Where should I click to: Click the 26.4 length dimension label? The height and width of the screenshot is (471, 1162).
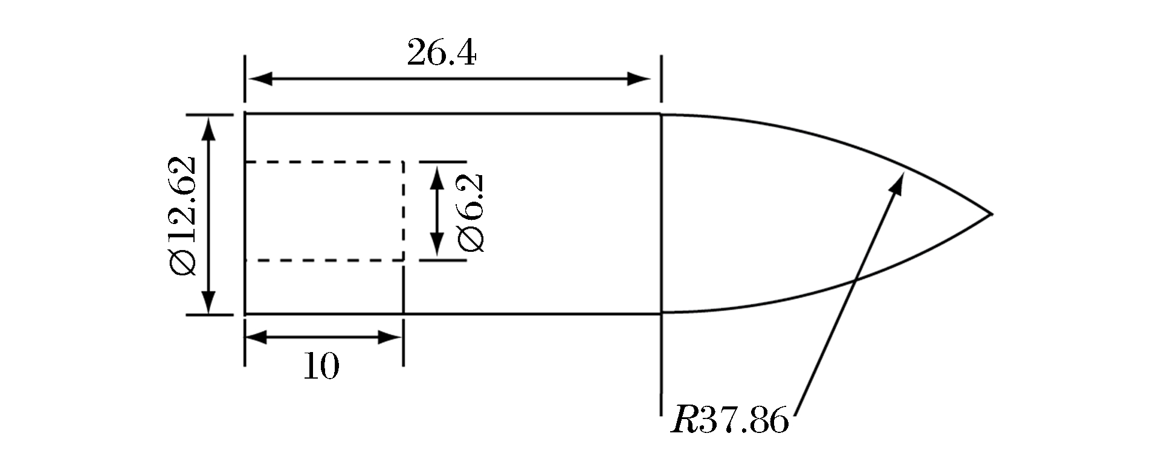[442, 53]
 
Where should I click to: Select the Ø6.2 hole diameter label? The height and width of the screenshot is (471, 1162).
[471, 211]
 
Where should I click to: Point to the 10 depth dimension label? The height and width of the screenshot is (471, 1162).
[321, 365]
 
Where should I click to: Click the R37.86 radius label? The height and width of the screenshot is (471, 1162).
[730, 420]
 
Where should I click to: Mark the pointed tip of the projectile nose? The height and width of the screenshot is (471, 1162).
[992, 214]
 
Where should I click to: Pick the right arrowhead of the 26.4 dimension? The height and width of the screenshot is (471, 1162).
[639, 78]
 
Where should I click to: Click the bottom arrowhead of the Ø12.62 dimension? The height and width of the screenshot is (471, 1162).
[208, 301]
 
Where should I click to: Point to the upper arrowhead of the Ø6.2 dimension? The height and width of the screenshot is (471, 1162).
[436, 175]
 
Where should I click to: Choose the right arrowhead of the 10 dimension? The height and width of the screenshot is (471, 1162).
[390, 337]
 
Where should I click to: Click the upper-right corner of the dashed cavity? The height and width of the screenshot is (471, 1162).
[403, 162]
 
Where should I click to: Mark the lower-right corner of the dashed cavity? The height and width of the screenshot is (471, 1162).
[403, 260]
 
